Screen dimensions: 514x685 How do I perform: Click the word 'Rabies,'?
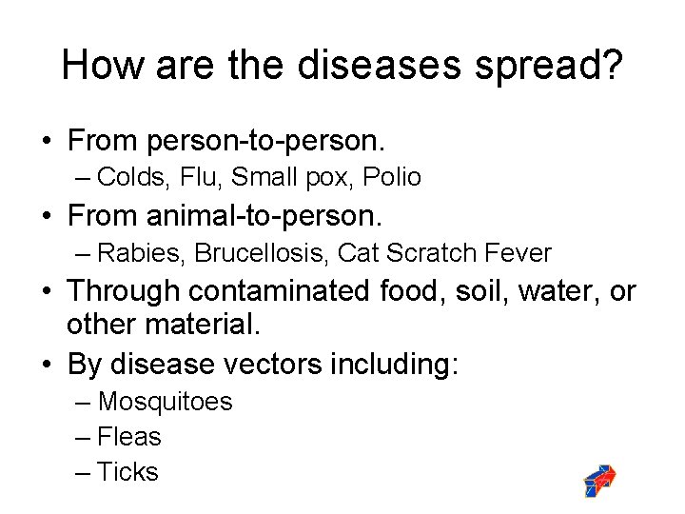136,253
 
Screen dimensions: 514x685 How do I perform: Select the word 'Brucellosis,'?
257,253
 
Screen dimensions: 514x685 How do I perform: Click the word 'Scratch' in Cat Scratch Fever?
431,253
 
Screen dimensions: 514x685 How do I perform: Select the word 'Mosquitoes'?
165,402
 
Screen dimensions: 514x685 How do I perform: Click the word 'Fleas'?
129,437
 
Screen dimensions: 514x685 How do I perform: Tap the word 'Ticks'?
127,472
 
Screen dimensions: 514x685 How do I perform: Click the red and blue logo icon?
599,482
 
